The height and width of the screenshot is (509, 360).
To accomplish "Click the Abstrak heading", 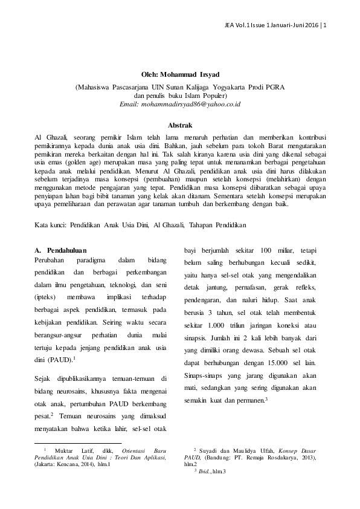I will pyautogui.click(x=179, y=125).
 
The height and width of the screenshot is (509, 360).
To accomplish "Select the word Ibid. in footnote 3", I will pyautogui.click(x=207, y=470).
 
